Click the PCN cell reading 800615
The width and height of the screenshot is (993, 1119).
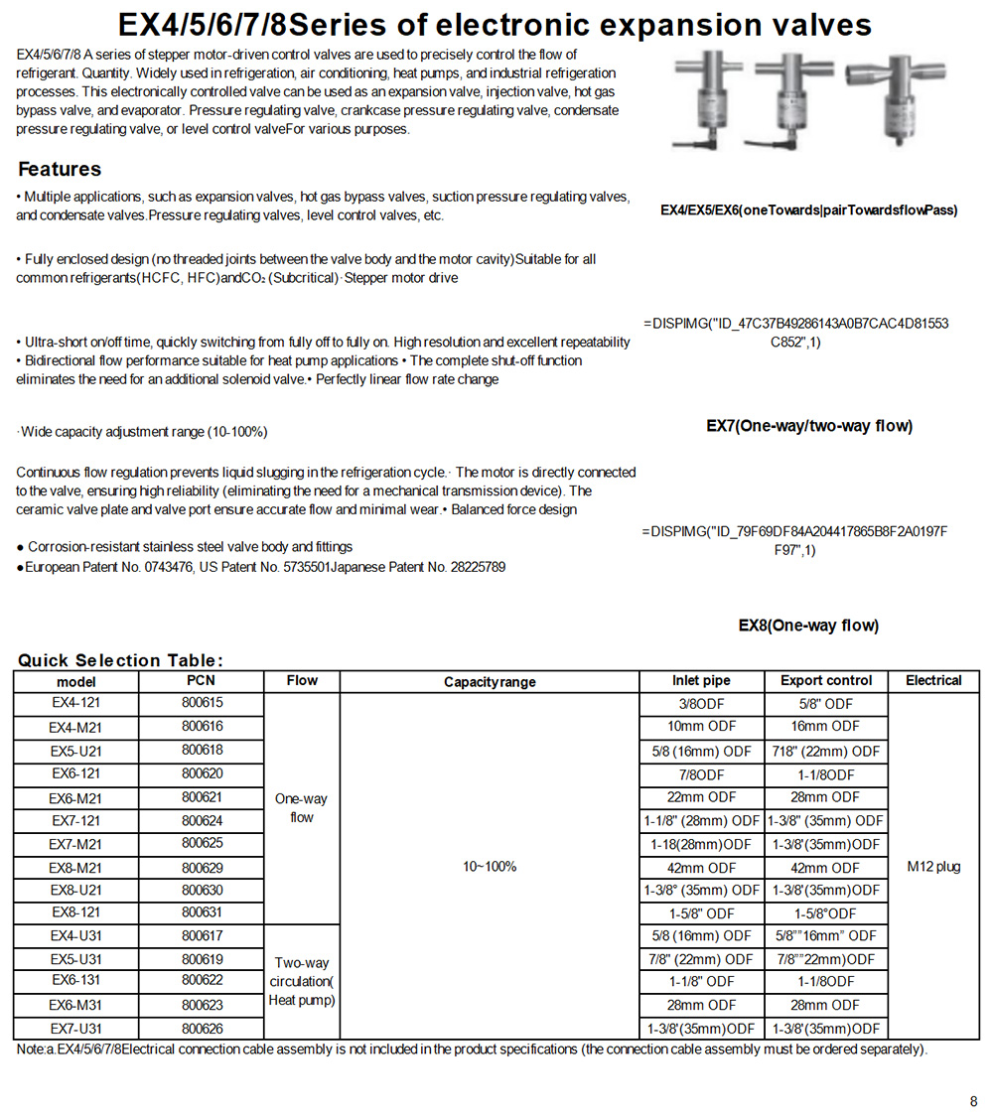coord(202,703)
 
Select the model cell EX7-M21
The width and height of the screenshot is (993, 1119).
coord(76,844)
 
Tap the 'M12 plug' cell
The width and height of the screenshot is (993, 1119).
coord(933,867)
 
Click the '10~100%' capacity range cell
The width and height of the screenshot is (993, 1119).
coord(490,867)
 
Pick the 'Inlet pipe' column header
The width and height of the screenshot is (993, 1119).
coord(700,680)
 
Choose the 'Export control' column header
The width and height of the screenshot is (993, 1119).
coord(826,680)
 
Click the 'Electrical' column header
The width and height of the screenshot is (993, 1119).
coord(933,680)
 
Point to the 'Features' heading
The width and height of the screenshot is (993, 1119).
coord(60,169)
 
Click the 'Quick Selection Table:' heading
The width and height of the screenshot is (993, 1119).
coord(120,660)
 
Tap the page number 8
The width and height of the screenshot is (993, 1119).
coord(973,1100)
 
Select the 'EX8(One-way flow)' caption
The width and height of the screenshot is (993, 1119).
coord(808,626)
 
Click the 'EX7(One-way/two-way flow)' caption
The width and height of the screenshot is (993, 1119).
coord(809,426)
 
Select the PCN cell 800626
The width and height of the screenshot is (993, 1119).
coord(202,1029)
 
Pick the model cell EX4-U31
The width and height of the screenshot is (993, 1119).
coord(76,936)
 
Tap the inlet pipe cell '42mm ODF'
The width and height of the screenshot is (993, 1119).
coord(700,868)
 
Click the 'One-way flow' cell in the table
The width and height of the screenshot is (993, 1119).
coord(301,808)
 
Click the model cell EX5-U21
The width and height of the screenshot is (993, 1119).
coord(76,751)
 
